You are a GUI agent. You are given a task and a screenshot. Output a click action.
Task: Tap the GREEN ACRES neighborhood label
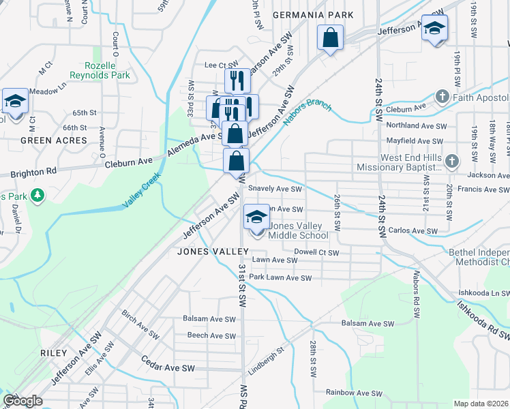[54, 140]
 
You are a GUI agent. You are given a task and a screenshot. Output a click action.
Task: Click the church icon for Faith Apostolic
[442, 96]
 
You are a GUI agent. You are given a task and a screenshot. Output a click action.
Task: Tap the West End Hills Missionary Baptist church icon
[453, 162]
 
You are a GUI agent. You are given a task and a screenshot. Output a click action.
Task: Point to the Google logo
[22, 401]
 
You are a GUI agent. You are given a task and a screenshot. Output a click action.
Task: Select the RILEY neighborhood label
[54, 353]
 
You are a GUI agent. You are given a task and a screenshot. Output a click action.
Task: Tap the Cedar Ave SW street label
[168, 367]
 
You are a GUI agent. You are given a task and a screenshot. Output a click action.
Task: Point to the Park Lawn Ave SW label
[280, 278]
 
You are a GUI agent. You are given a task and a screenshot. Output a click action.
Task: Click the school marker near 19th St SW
[434, 29]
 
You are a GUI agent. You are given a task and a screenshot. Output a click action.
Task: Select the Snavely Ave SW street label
[275, 189]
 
